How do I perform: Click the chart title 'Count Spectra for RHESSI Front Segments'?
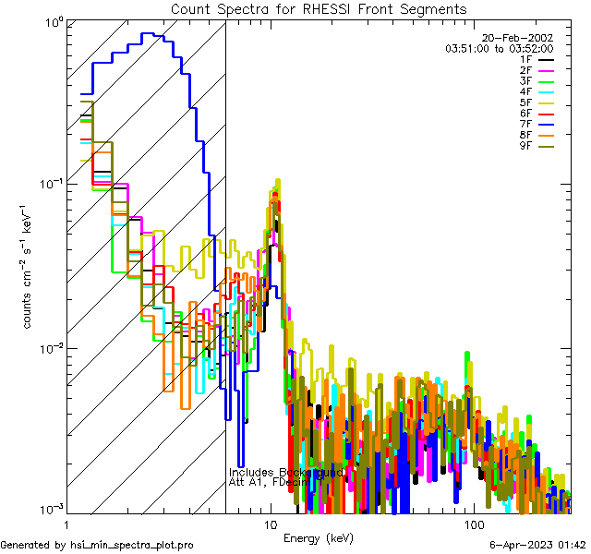coord(319,8)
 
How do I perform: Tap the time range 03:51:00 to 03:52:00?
coord(499,49)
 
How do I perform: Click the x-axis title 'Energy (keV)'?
coord(318,537)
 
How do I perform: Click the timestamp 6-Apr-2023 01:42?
coord(537,546)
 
